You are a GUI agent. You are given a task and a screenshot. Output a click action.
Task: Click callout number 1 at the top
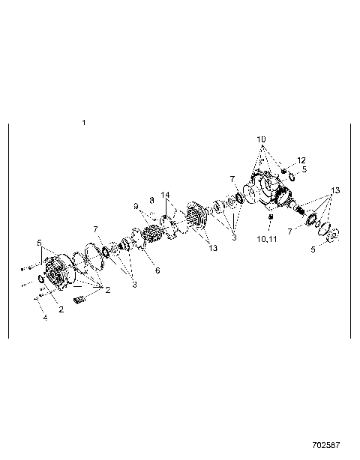(x=84, y=122)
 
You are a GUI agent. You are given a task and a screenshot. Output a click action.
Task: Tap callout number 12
(x=301, y=160)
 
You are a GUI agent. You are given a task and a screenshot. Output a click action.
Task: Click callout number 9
(x=136, y=206)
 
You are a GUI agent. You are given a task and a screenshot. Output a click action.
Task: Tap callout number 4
(x=44, y=318)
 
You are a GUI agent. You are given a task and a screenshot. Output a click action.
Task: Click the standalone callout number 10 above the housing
(x=261, y=140)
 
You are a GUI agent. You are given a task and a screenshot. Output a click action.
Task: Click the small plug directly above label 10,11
(x=269, y=218)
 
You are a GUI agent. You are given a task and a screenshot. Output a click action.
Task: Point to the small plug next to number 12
(x=286, y=172)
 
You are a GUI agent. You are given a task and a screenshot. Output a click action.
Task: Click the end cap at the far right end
(x=333, y=233)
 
